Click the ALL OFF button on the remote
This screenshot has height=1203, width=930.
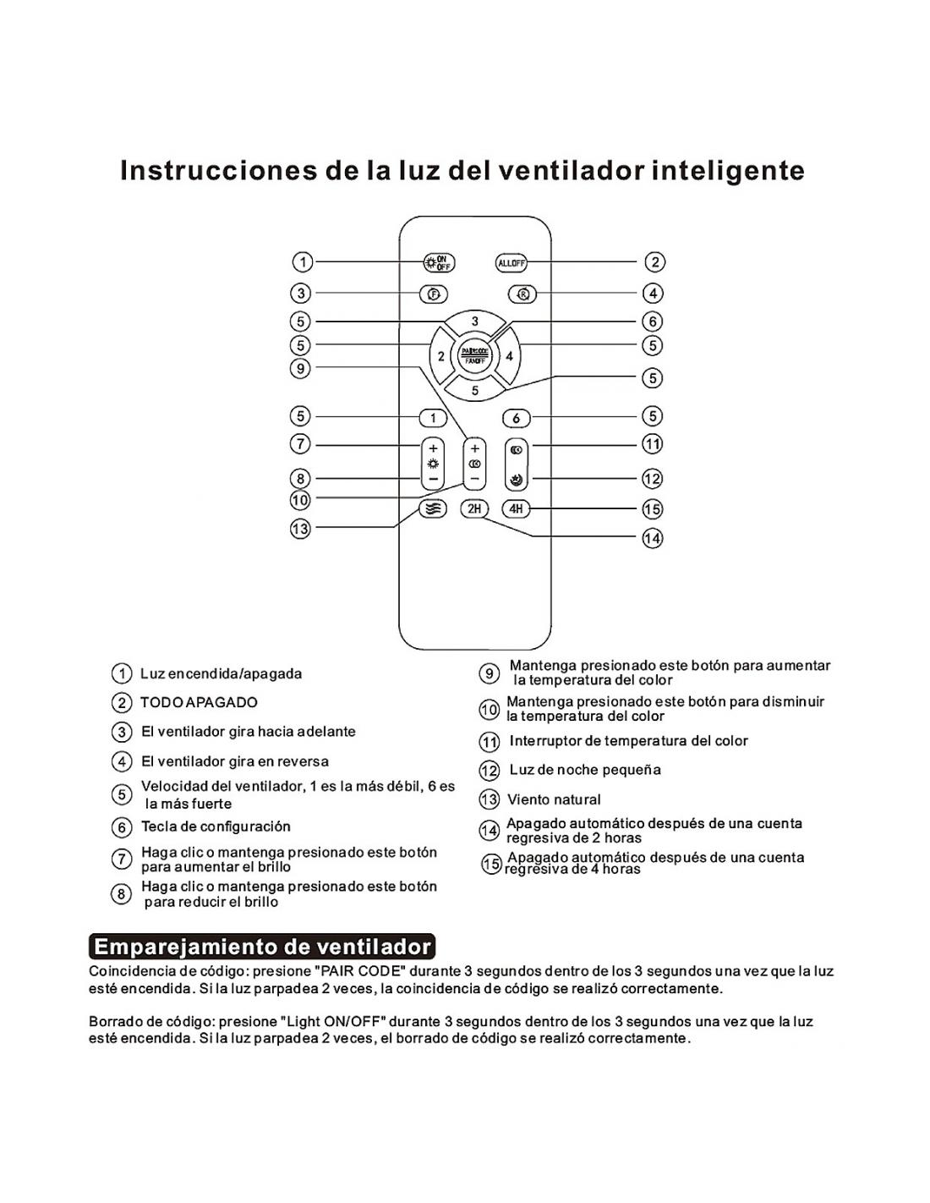click(511, 263)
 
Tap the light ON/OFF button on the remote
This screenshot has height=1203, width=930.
click(439, 263)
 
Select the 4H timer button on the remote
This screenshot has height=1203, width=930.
click(516, 508)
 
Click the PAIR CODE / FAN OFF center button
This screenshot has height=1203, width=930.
click(475, 355)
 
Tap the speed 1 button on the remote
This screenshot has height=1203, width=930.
click(433, 418)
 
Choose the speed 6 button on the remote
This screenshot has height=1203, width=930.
click(517, 418)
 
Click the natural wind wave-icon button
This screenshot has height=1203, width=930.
click(433, 509)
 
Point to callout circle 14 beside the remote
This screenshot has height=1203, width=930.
click(653, 538)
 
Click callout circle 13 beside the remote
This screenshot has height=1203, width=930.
click(300, 529)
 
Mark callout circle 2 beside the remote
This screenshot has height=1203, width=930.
click(654, 262)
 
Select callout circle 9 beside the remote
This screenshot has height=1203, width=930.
click(300, 368)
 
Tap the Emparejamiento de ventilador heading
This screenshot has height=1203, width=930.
click(261, 946)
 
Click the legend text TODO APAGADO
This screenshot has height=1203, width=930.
click(199, 702)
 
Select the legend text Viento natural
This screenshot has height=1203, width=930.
click(554, 799)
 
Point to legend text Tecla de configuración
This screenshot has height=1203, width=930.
click(216, 827)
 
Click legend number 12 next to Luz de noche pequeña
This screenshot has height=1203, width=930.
click(490, 771)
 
